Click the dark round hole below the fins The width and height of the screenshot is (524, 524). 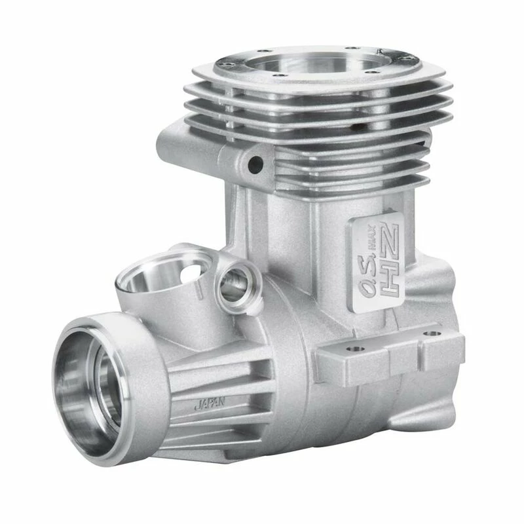256,164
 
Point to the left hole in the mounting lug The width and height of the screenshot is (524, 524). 356,349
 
